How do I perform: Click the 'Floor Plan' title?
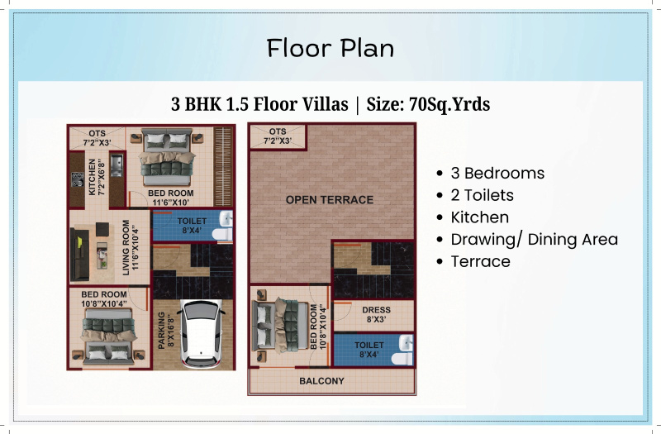(x=330, y=48)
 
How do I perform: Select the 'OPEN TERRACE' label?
(x=329, y=199)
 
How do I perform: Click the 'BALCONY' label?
(x=321, y=381)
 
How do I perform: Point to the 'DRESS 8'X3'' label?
(x=376, y=314)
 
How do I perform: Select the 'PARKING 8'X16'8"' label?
(x=166, y=331)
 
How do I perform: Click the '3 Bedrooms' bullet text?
(x=497, y=174)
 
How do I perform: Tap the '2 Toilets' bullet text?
(x=482, y=195)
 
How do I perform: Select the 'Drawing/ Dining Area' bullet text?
(x=534, y=240)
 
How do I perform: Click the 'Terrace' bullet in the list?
(x=480, y=261)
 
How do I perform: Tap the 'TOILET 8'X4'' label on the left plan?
(x=192, y=226)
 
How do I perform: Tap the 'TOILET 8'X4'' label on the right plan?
(x=369, y=349)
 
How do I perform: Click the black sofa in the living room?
(x=79, y=255)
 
